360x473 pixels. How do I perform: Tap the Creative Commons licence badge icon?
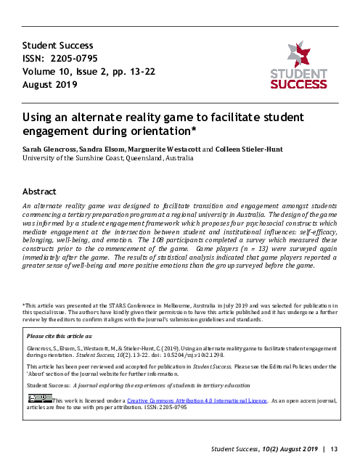coord(39,398)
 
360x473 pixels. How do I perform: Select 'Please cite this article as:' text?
coord(59,358)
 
